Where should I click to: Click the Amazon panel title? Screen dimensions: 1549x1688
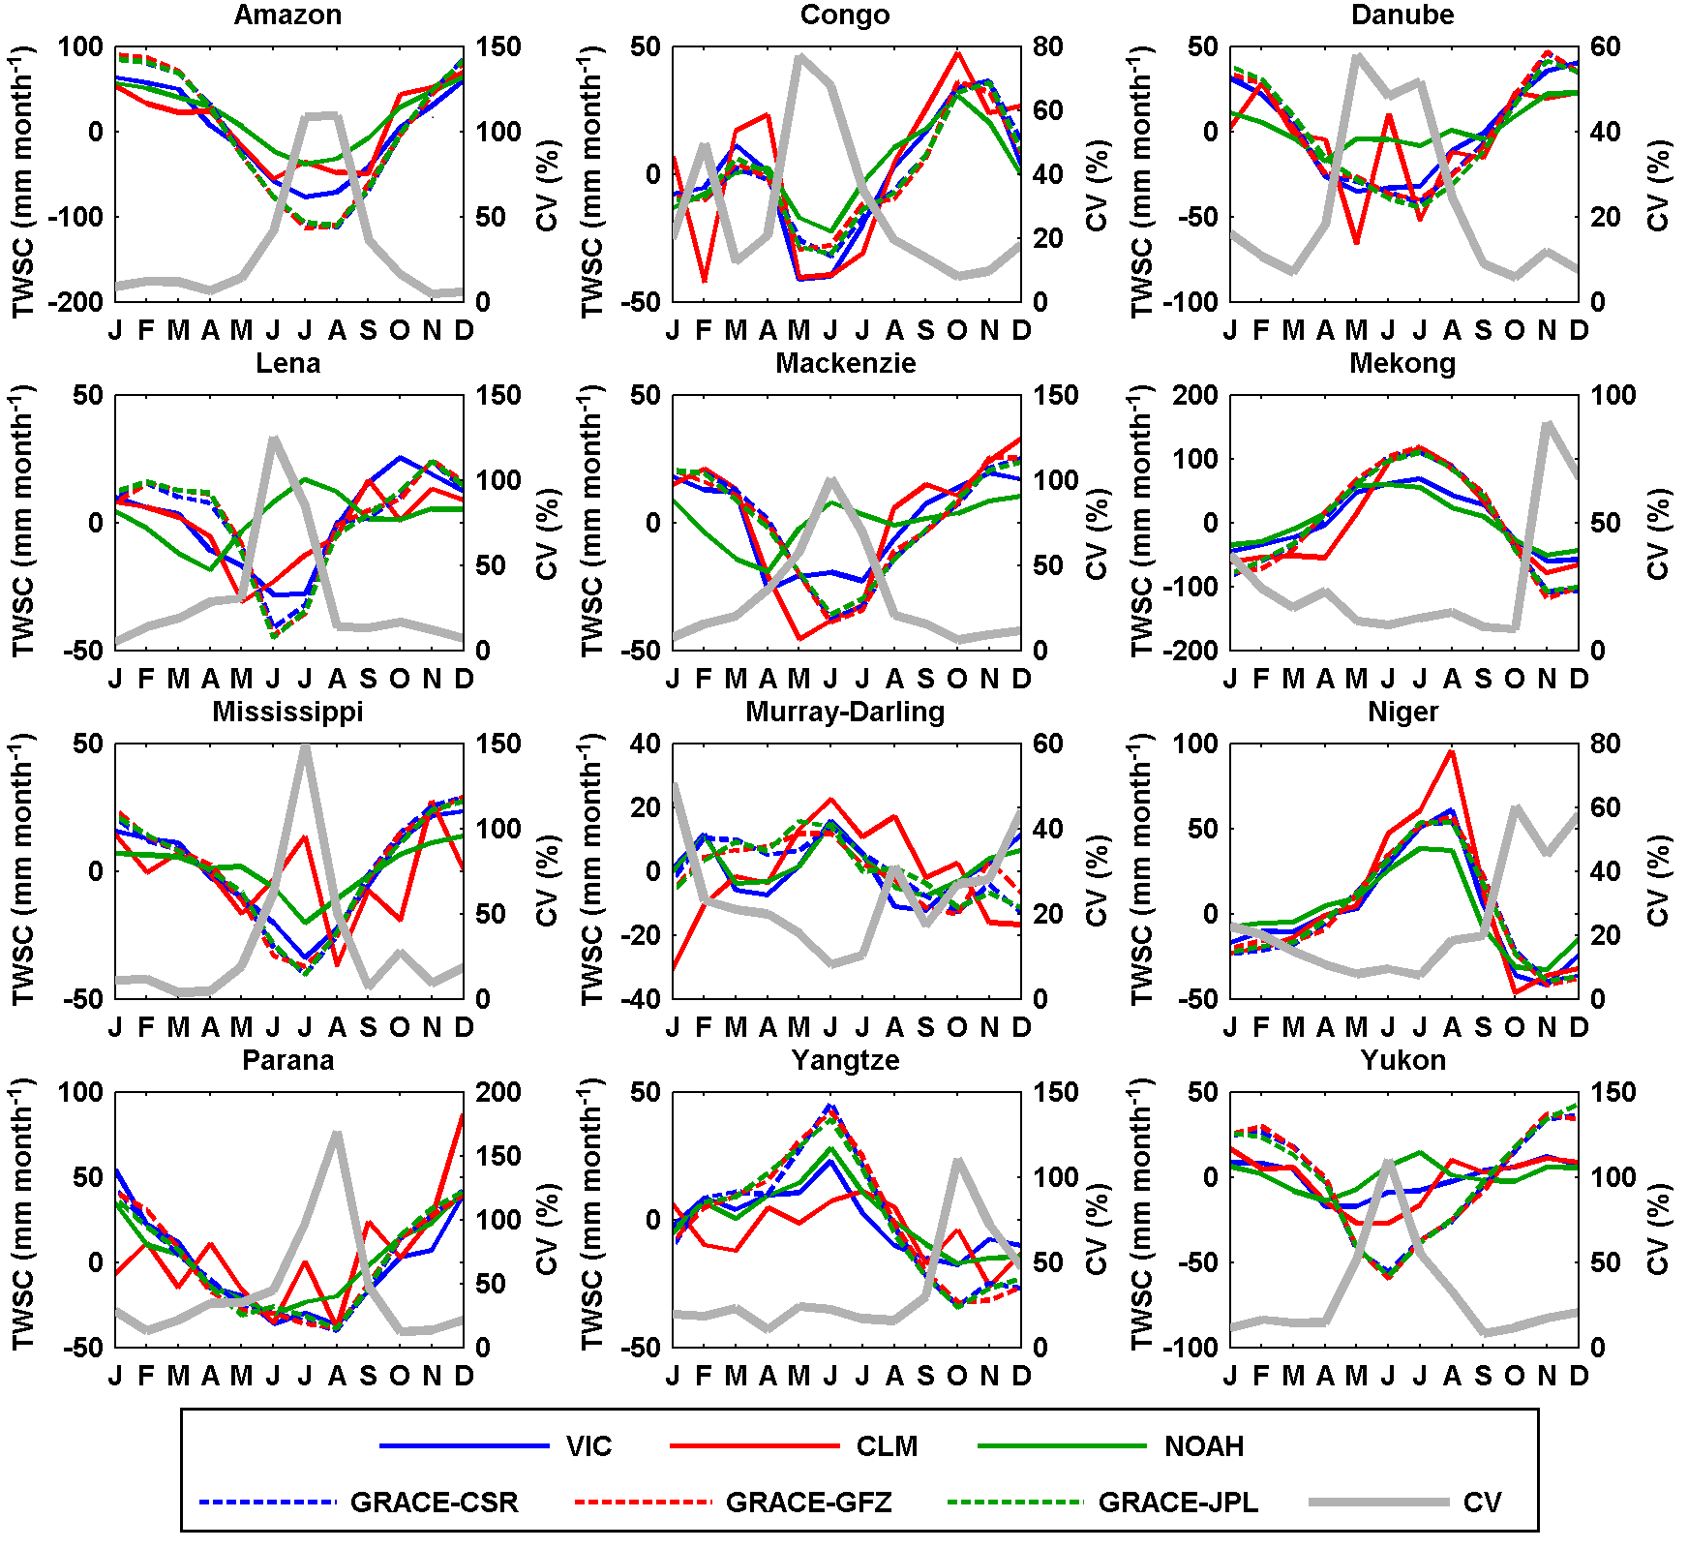pos(287,15)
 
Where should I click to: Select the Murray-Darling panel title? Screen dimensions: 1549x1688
pos(845,712)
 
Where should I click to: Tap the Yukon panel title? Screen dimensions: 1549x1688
pos(1402,1060)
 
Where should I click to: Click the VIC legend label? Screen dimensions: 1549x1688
pos(588,1446)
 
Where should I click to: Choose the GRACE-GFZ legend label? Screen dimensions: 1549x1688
pos(808,1503)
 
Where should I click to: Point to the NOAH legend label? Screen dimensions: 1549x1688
pos(1203,1446)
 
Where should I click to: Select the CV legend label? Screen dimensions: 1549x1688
pos(1482,1503)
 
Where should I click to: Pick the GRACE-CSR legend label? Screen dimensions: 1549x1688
pos(434,1503)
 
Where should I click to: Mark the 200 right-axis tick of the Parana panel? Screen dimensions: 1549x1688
pos(498,1092)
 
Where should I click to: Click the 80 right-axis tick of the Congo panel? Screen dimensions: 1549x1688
pos(1047,46)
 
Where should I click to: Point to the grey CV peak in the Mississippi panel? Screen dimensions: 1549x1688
pos(305,746)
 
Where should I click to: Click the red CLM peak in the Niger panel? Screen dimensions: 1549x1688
pos(1451,751)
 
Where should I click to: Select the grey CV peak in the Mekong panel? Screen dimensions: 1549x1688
pos(1547,423)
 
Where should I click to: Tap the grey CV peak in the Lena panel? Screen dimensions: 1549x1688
pos(274,438)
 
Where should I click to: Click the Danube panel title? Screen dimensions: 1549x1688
pos(1402,15)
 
